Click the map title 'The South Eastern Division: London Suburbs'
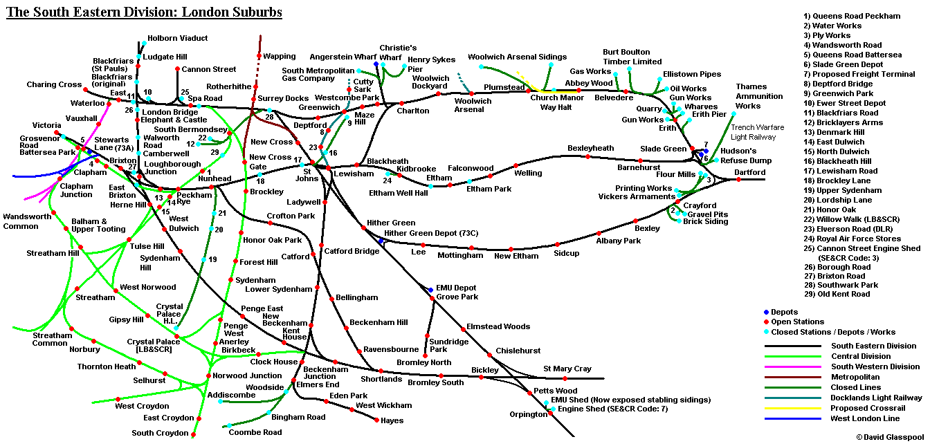(144, 12)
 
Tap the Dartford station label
(749, 171)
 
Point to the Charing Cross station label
(54, 85)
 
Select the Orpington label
(529, 415)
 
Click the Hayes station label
(392, 420)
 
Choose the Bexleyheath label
(590, 149)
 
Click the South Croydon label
(160, 434)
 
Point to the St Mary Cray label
(567, 369)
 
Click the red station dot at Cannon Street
(177, 69)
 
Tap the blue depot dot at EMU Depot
(430, 290)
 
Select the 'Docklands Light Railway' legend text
(877, 398)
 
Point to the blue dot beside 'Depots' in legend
(766, 312)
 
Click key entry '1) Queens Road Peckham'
(852, 16)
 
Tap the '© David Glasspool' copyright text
(888, 437)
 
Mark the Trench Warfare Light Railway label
(757, 132)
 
